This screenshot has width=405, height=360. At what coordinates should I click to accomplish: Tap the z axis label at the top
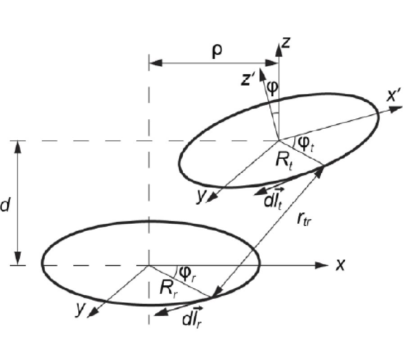pos(286,43)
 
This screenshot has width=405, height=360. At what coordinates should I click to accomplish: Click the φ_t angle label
pos(306,144)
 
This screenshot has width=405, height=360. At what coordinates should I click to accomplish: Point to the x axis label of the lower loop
pos(341,265)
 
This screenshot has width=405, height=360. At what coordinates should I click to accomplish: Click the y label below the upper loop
pos(201,198)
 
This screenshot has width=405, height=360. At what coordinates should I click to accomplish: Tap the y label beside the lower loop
pos(80,308)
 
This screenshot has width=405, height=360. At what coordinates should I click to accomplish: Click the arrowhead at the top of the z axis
pos(279,50)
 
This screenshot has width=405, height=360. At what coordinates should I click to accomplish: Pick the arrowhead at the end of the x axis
pos(322,265)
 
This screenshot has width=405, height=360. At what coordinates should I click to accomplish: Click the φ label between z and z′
pos(272,87)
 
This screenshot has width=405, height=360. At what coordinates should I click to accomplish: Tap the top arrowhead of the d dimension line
pos(17,147)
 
